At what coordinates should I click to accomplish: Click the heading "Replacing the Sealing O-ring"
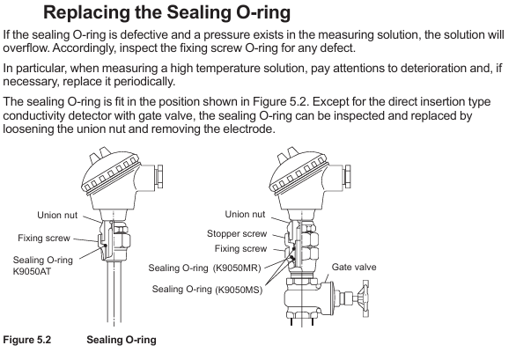pyautogui.click(x=166, y=12)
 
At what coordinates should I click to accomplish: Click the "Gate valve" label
pyautogui.click(x=354, y=267)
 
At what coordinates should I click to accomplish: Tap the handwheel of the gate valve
pyautogui.click(x=365, y=298)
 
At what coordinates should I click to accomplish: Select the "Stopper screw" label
pyautogui.click(x=237, y=233)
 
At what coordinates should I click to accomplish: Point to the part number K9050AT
pyautogui.click(x=33, y=272)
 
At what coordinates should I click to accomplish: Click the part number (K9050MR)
pyautogui.click(x=237, y=268)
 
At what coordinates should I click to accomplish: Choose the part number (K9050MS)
pyautogui.click(x=239, y=290)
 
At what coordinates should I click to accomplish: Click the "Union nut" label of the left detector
pyautogui.click(x=57, y=216)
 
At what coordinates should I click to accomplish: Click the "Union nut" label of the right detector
pyautogui.click(x=245, y=214)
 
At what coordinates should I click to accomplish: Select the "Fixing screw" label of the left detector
pyautogui.click(x=44, y=238)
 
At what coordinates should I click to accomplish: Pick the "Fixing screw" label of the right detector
pyautogui.click(x=240, y=248)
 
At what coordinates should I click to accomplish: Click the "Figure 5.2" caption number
pyautogui.click(x=27, y=340)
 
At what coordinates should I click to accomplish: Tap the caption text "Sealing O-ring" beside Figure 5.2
pyautogui.click(x=122, y=340)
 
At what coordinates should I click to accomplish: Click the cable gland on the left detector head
pyautogui.click(x=159, y=176)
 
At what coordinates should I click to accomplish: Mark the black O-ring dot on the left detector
pyautogui.click(x=105, y=246)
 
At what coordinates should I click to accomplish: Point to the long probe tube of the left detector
pyautogui.click(x=114, y=292)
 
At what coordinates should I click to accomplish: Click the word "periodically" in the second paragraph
pyautogui.click(x=144, y=81)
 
